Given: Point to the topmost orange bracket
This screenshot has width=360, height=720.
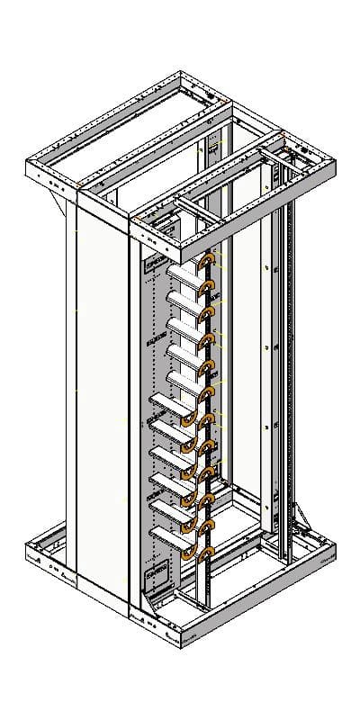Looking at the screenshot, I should click(208, 263).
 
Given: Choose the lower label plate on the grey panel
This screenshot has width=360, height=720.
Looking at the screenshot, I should click(158, 570).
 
